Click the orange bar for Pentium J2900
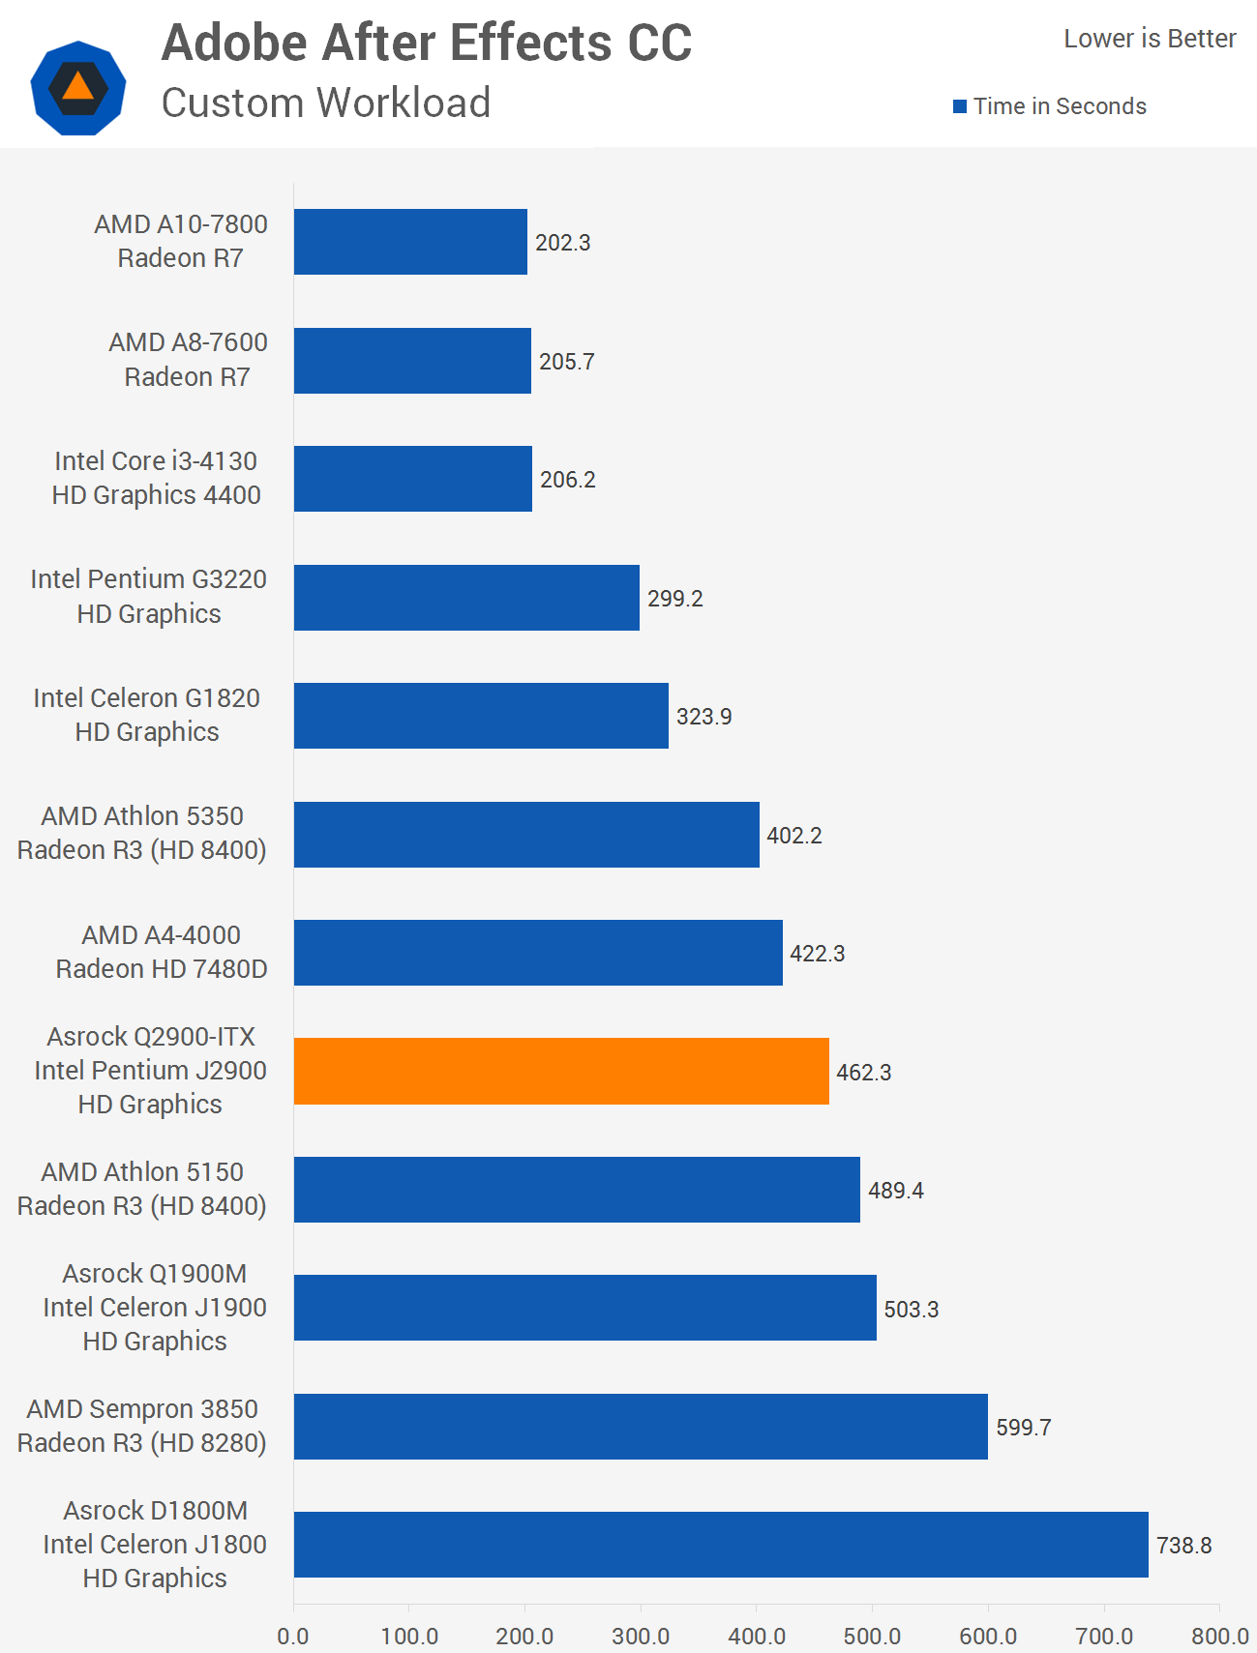click(561, 1071)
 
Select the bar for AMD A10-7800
click(410, 242)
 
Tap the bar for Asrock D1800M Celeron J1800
click(721, 1544)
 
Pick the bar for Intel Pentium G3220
click(466, 598)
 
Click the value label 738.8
click(1183, 1546)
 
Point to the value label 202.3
click(562, 243)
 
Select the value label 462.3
click(863, 1073)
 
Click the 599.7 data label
click(1023, 1428)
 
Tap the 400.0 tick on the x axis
click(757, 1637)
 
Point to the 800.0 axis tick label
click(1219, 1637)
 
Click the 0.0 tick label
click(293, 1637)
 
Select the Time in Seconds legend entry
click(1050, 106)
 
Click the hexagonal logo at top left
click(78, 87)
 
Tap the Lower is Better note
click(1150, 39)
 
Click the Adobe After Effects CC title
click(427, 44)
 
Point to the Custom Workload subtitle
click(326, 103)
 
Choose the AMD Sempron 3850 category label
click(142, 1426)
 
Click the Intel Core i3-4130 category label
click(156, 478)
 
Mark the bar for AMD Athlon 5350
click(526, 834)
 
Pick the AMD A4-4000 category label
click(162, 952)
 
